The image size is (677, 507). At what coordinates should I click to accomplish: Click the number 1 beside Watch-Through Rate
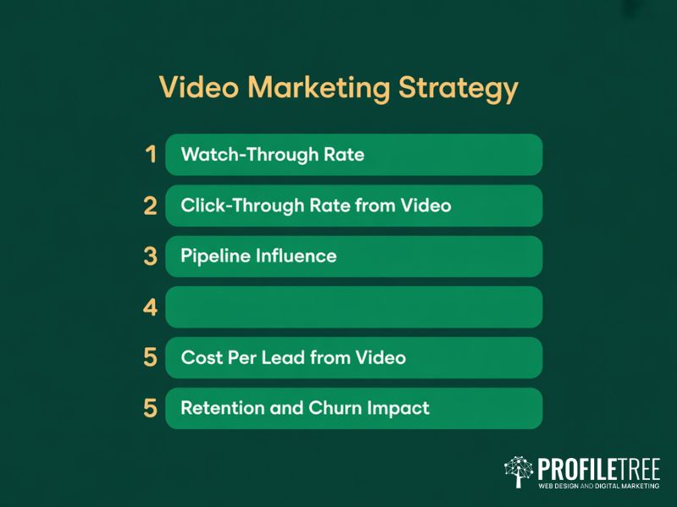[151, 155]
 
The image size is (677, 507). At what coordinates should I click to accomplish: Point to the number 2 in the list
[151, 205]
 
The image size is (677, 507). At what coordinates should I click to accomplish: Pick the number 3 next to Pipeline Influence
[151, 256]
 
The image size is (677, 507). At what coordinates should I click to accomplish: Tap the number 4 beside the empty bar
[151, 308]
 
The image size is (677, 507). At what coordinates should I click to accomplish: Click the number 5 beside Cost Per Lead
[151, 357]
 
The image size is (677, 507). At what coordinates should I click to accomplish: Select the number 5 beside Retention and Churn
[151, 408]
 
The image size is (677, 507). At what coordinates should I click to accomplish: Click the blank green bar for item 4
[354, 308]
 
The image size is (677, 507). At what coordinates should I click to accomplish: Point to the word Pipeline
[212, 256]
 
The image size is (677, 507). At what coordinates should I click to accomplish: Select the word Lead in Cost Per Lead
[294, 357]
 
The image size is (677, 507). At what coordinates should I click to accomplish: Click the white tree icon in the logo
[518, 472]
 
